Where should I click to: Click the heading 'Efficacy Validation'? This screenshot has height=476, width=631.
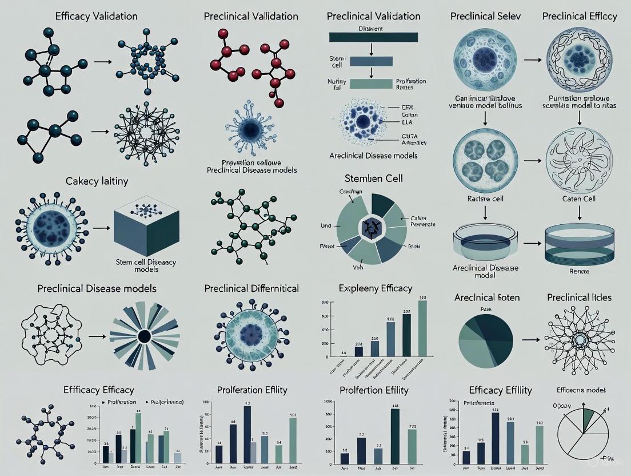(x=96, y=16)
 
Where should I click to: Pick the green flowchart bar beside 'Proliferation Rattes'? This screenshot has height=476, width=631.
(x=371, y=85)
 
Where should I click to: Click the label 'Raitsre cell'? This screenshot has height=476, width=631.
(x=485, y=199)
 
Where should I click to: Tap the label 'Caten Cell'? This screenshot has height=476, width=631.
(x=579, y=199)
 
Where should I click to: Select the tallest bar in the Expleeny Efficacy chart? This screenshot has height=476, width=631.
(x=422, y=328)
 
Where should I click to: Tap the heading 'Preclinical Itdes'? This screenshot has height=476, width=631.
(x=579, y=297)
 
